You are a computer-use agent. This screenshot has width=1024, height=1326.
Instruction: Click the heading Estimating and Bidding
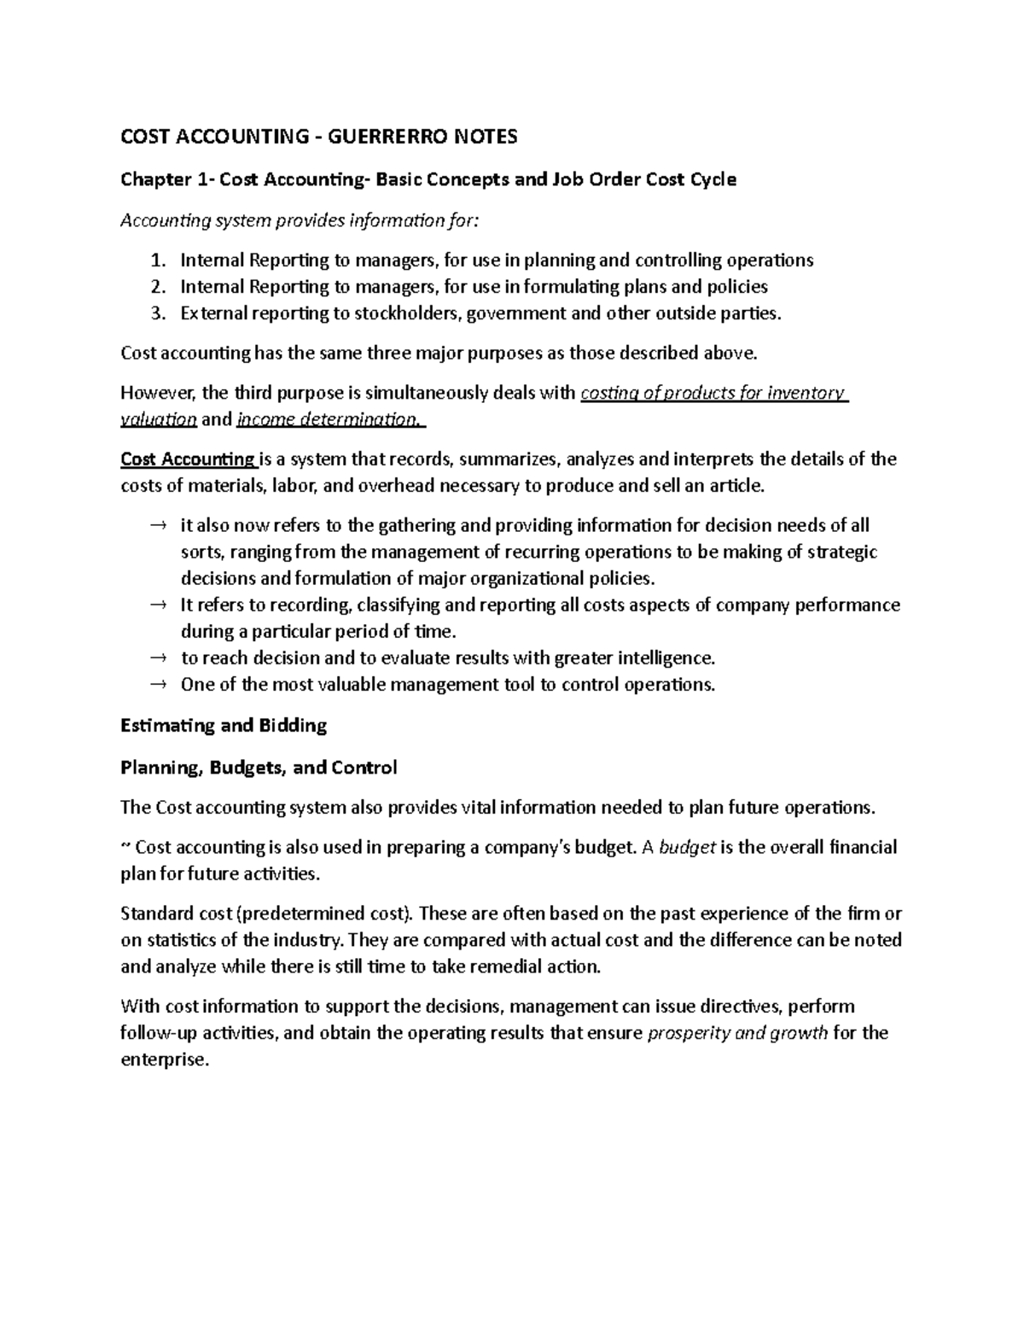point(224,726)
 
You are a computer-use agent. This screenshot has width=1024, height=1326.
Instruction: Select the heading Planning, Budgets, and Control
point(259,768)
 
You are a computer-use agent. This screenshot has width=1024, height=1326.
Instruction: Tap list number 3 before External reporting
point(156,313)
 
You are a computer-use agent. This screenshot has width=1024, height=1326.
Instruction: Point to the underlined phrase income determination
point(329,419)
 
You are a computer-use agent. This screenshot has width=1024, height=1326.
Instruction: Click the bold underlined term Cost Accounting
point(188,459)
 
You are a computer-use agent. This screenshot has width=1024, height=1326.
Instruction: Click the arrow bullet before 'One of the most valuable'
point(156,685)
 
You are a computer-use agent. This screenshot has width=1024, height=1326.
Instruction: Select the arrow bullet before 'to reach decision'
point(156,658)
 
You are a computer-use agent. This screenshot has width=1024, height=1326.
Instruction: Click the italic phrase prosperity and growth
point(738,1033)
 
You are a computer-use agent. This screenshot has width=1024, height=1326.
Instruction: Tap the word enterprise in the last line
point(163,1060)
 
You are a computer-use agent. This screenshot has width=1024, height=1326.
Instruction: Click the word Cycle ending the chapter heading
point(713,180)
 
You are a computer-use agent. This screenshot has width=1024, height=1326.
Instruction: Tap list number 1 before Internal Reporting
point(156,260)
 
